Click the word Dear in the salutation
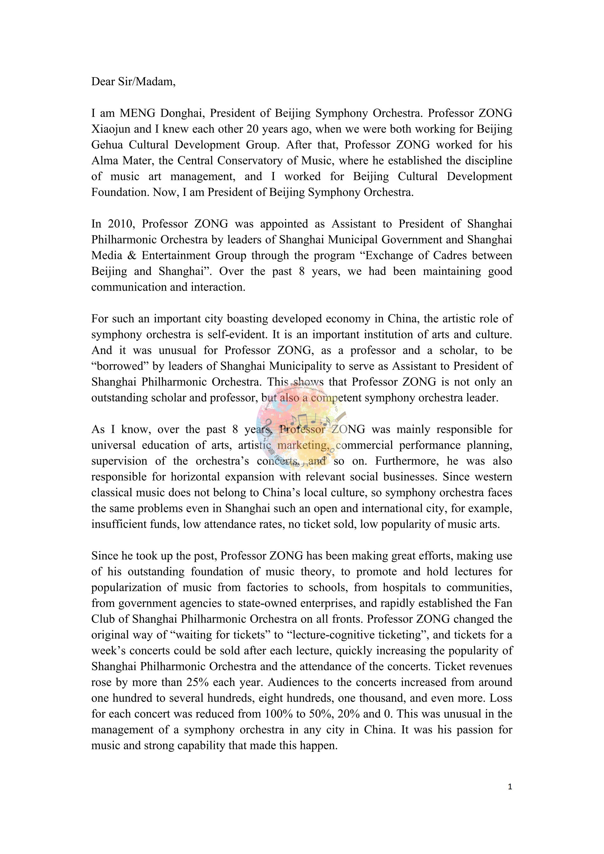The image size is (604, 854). [x=103, y=81]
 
